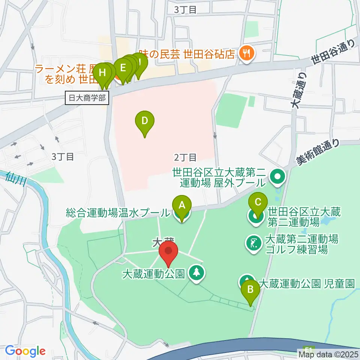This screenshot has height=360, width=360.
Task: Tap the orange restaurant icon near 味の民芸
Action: pos(247,54)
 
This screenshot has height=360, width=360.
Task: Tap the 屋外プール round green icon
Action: pos(278,176)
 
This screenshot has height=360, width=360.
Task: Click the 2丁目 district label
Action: pos(185,157)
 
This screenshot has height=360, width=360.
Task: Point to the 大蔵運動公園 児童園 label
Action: pos(306,283)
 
